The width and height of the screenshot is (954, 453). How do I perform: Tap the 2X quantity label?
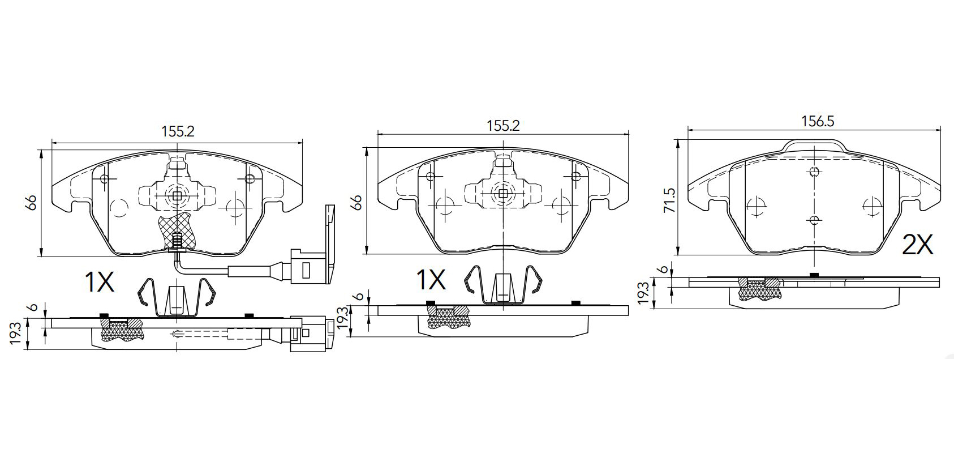[918, 245]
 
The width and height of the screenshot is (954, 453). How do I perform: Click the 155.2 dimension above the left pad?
[178, 131]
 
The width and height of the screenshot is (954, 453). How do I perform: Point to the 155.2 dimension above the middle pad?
[504, 126]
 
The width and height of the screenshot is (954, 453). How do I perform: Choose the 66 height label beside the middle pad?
[357, 202]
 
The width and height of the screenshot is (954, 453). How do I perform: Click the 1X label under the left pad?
[100, 281]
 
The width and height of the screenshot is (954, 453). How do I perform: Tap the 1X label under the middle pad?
[431, 279]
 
